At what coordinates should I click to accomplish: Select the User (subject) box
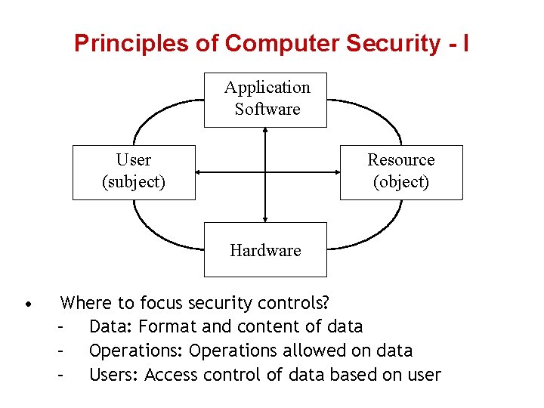pyautogui.click(x=134, y=172)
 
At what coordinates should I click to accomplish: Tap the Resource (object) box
pyautogui.click(x=401, y=172)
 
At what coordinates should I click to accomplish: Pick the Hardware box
pyautogui.click(x=265, y=249)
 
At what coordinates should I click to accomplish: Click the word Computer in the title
pyautogui.click(x=283, y=43)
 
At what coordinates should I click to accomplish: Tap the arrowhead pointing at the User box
pyautogui.click(x=200, y=172)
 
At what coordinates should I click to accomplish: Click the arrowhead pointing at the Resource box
pyautogui.click(x=335, y=172)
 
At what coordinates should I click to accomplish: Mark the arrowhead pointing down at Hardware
pyautogui.click(x=265, y=218)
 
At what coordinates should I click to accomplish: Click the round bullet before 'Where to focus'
pyautogui.click(x=27, y=305)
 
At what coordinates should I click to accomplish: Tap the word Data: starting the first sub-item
pyautogui.click(x=111, y=327)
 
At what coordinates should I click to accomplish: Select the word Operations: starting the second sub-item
pyautogui.click(x=136, y=351)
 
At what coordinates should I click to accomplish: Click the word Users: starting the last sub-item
pyautogui.click(x=114, y=375)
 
